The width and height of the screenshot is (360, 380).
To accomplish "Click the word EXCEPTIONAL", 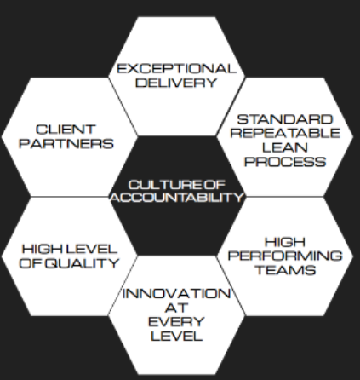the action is tap(176, 69).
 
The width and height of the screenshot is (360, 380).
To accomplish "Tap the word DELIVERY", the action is tap(176, 83).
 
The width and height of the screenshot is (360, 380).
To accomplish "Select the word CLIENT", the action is tap(66, 130).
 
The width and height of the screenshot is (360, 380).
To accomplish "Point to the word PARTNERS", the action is tap(66, 143).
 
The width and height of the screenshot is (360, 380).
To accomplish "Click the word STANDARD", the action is tap(285, 119).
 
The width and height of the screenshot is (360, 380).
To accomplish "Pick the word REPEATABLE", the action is tap(285, 133).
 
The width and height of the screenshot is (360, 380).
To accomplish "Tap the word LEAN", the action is tap(285, 147).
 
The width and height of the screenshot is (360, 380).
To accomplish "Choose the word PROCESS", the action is tap(285, 162).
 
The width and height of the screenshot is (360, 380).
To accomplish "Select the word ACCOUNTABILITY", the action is tap(177, 197).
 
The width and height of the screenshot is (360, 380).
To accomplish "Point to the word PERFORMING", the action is tap(285, 256).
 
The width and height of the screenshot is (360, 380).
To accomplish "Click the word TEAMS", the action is tap(286, 270).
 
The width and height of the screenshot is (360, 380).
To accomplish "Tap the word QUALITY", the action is tap(83, 263).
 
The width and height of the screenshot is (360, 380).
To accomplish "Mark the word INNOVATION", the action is tap(176, 294).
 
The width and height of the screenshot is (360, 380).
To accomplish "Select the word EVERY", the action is tap(176, 322).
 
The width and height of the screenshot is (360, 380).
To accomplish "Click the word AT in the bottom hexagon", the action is tap(176, 308).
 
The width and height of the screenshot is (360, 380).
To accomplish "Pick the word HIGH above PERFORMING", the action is tap(285, 242).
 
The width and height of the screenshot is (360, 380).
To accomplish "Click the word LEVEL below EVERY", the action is tap(176, 337).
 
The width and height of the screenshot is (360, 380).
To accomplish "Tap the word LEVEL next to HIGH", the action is tap(91, 249).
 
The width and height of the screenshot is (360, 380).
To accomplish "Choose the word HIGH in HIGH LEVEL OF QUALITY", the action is tap(43, 249).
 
